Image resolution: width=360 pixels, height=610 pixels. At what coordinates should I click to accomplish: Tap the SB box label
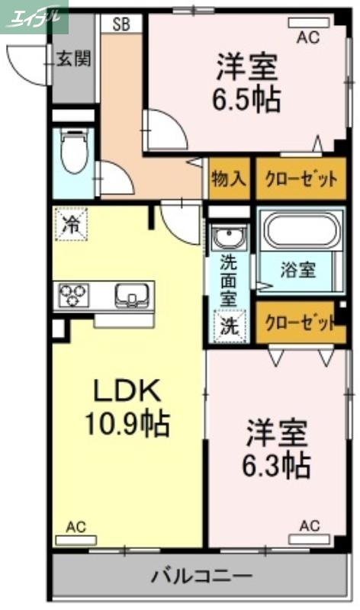(x=121, y=24)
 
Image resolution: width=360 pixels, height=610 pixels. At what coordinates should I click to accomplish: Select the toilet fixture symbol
(x=74, y=154)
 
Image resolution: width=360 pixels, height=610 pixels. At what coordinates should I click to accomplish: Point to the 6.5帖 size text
(x=246, y=99)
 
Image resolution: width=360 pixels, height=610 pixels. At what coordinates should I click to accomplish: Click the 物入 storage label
(x=229, y=179)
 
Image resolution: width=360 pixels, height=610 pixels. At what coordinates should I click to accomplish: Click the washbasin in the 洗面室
(x=228, y=238)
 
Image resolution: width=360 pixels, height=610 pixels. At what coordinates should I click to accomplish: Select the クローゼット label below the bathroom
(x=300, y=323)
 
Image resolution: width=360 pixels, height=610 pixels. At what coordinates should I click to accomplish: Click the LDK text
(x=127, y=391)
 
